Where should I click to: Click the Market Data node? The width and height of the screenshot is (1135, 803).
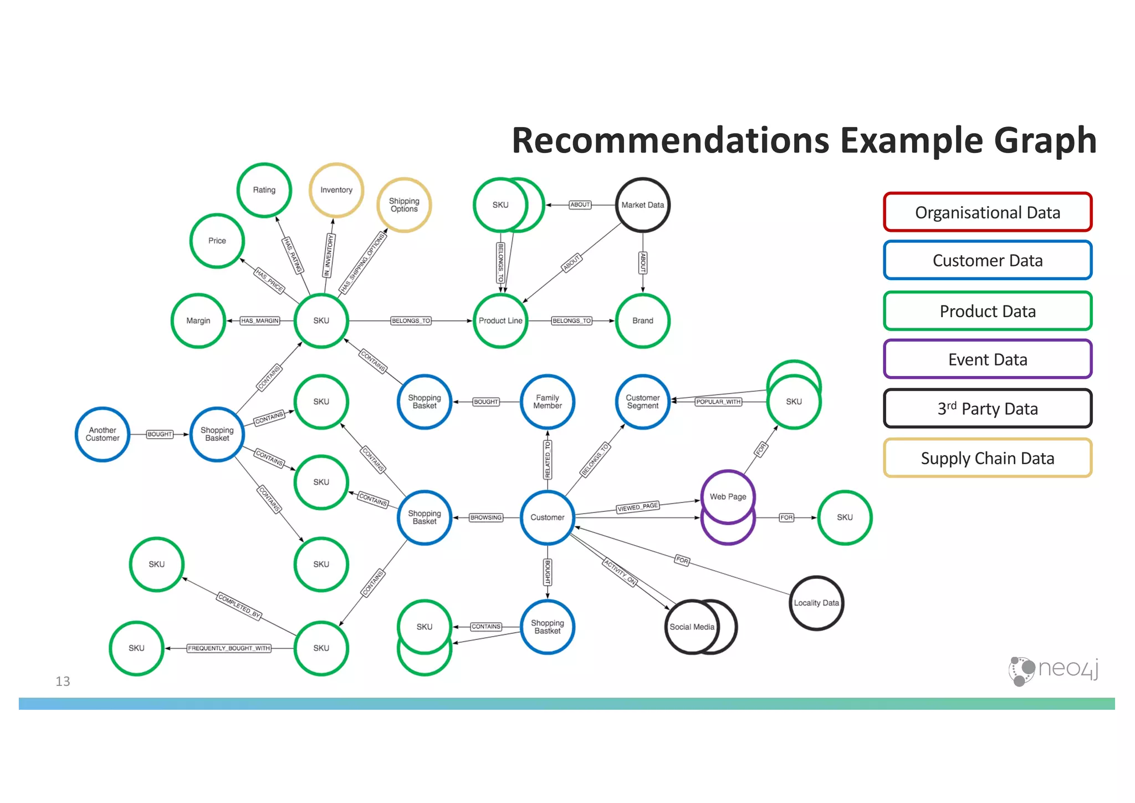[x=642, y=205]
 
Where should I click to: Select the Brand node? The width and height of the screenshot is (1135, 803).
[x=642, y=321]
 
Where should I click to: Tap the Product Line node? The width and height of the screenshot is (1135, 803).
[x=500, y=321]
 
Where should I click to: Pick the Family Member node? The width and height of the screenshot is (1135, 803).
[x=547, y=402]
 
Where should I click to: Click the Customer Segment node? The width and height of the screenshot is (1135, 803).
[x=642, y=402]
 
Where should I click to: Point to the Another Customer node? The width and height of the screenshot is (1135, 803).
[x=103, y=434]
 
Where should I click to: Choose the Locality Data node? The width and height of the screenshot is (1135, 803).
[x=816, y=603]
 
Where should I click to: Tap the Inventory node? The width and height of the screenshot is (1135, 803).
[x=336, y=190]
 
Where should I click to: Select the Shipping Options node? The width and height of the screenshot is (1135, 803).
[x=404, y=205]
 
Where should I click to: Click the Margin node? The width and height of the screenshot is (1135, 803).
[x=198, y=321]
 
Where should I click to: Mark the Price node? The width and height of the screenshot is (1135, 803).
[x=217, y=241]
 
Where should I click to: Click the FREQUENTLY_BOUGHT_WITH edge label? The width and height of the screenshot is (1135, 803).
[x=229, y=648]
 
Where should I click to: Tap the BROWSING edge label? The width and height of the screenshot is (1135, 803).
[x=485, y=517]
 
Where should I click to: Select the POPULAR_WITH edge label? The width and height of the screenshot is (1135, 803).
[x=718, y=402]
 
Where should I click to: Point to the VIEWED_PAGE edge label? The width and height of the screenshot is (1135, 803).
[x=637, y=507]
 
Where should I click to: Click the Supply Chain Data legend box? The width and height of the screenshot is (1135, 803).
[x=987, y=458]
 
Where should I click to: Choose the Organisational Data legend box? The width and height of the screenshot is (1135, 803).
[x=987, y=212]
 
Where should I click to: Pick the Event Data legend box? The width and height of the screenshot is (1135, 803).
[x=987, y=359]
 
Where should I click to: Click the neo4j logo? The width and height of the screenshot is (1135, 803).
[x=1053, y=670]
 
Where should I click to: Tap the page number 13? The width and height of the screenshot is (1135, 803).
[x=63, y=681]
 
